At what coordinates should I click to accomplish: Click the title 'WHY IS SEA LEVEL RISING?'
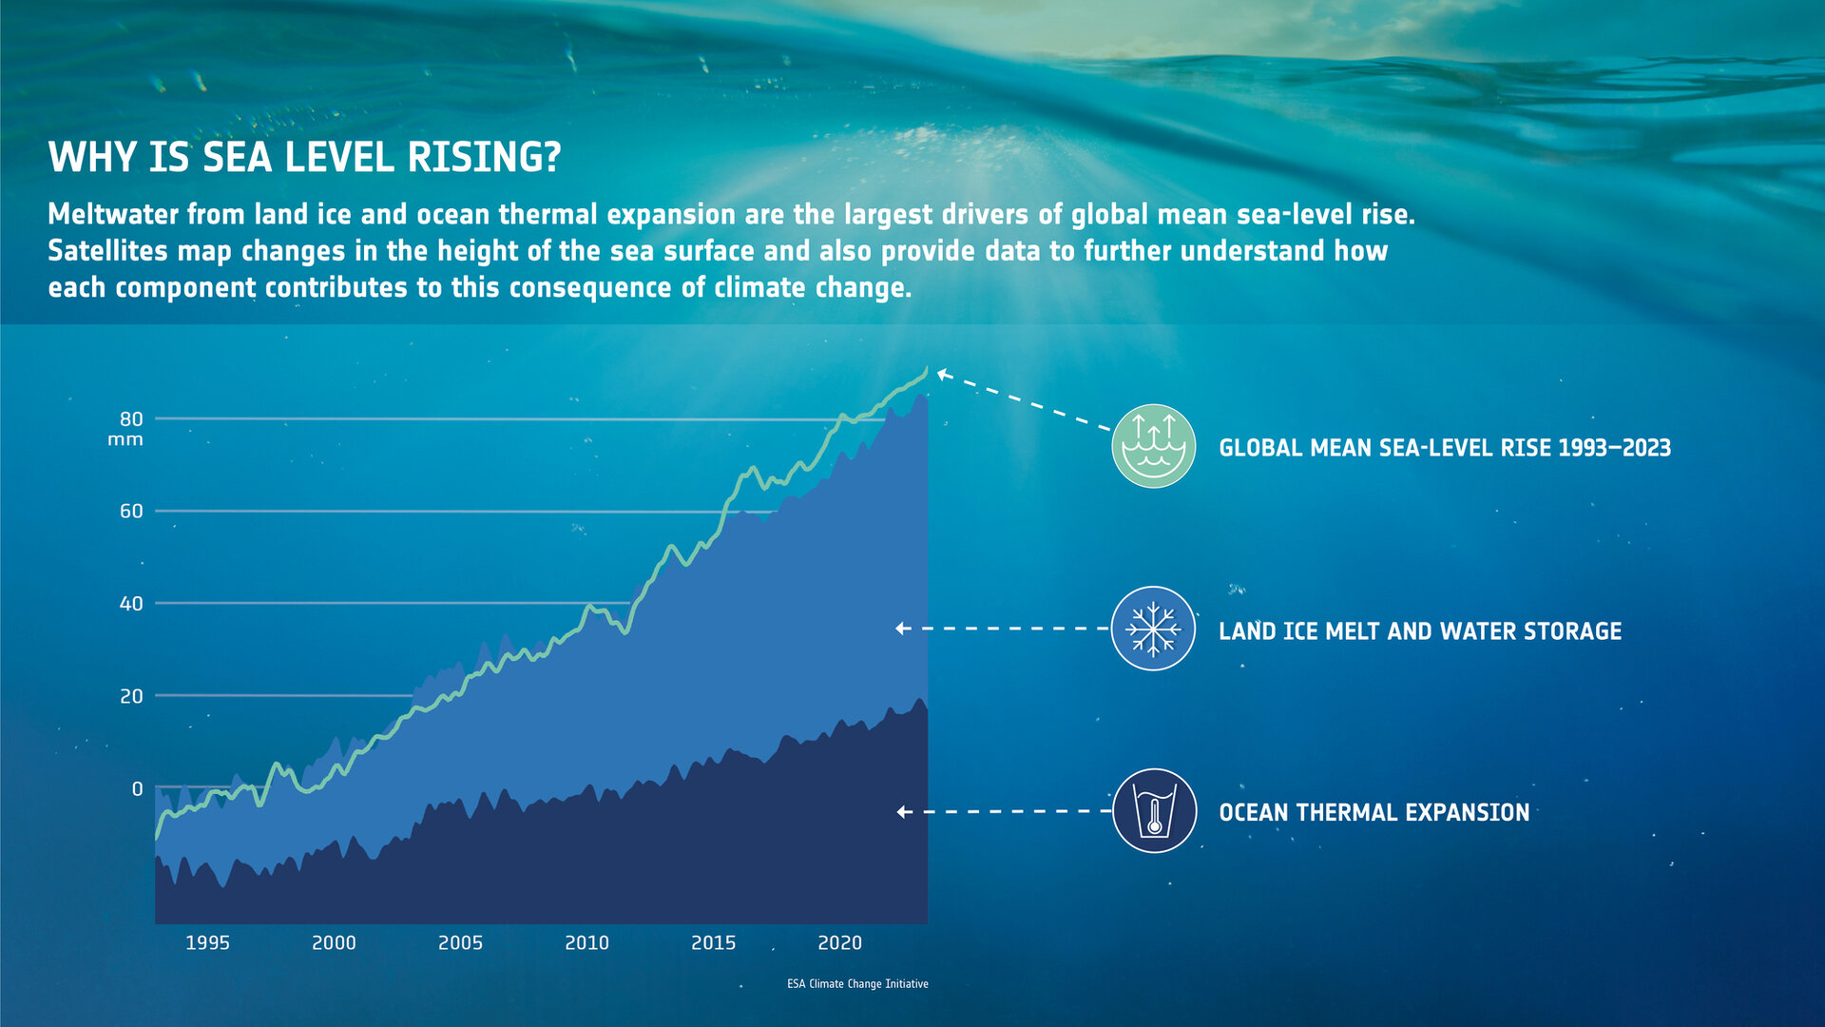[304, 158]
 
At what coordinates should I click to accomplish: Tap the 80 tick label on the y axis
[131, 419]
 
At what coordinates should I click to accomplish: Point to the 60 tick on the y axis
[131, 512]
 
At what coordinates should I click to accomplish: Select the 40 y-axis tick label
[131, 604]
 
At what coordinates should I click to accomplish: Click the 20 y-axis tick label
[131, 696]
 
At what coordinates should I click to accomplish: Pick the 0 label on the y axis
[137, 789]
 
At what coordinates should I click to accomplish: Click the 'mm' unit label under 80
[125, 440]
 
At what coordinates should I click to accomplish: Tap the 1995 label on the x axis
[207, 942]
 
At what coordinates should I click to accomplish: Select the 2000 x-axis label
[334, 942]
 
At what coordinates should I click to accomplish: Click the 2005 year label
[460, 942]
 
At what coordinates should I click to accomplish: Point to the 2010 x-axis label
[586, 942]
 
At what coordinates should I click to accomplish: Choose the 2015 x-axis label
[713, 942]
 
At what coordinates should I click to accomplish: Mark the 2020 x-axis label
[839, 942]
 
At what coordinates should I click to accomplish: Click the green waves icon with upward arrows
[1153, 446]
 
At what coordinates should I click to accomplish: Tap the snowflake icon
[1153, 629]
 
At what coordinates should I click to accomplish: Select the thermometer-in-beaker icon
[1154, 811]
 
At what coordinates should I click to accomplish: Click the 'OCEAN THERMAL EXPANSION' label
[1374, 813]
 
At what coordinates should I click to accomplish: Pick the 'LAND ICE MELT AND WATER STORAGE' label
[1419, 631]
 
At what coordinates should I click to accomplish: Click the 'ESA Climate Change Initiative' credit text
[857, 984]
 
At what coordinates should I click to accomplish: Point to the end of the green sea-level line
[926, 370]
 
